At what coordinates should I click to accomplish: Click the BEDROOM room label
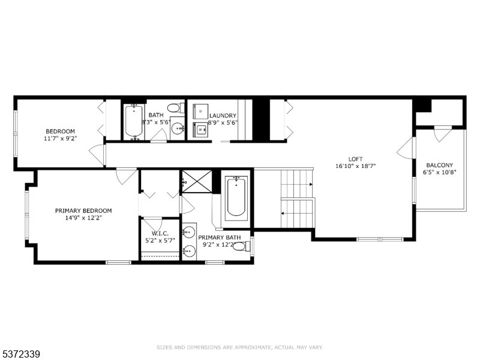click(x=60, y=131)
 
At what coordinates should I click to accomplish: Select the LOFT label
click(x=355, y=159)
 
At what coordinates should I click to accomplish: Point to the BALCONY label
click(x=440, y=166)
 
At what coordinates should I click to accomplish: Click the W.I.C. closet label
click(x=160, y=233)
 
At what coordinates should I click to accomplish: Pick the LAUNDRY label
click(x=223, y=116)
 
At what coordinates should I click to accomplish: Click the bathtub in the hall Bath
click(x=134, y=122)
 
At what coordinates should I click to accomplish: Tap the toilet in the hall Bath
click(x=176, y=108)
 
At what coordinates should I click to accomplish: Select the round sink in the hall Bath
click(x=178, y=128)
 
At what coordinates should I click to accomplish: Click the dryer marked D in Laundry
click(x=200, y=112)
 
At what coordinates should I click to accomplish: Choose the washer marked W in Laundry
click(x=200, y=130)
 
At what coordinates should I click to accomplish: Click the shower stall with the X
click(x=197, y=182)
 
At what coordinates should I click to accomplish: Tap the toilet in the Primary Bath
click(x=242, y=246)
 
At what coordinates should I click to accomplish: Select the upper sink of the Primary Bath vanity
click(x=189, y=232)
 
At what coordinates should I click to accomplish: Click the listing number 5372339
click(x=20, y=355)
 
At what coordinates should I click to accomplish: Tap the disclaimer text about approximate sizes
click(x=239, y=347)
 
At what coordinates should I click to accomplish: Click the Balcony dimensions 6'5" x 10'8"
click(x=440, y=172)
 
